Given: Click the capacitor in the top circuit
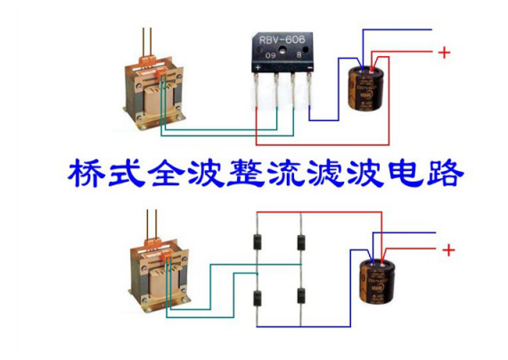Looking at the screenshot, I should click(367, 84).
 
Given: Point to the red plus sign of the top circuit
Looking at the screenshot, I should click(444, 53).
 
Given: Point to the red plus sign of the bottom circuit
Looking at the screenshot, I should click(448, 250).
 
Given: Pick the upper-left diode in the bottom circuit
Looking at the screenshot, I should click(257, 241).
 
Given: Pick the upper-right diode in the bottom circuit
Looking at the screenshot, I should click(300, 241).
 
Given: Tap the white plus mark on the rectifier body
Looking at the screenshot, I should click(258, 67).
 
